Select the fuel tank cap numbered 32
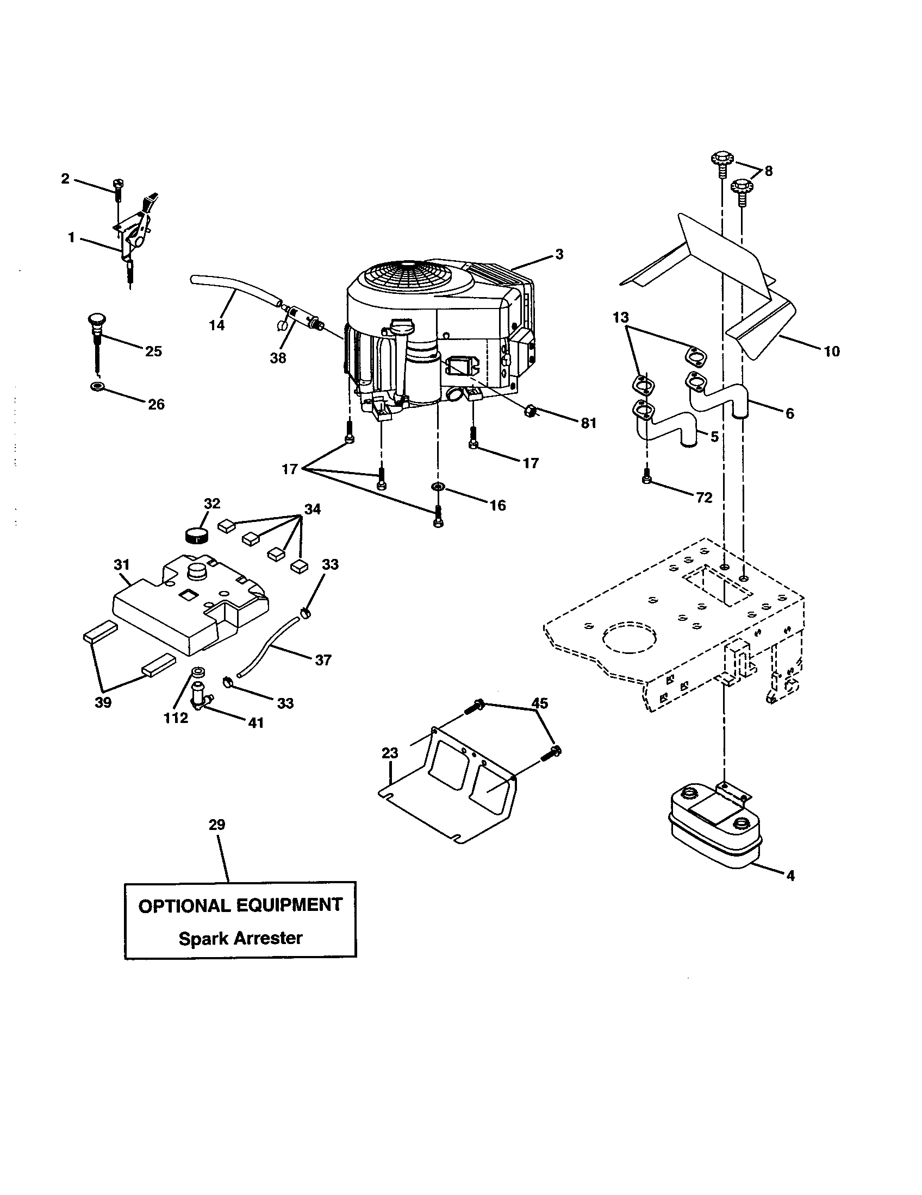tap(197, 533)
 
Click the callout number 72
tap(704, 498)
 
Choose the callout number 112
tap(176, 718)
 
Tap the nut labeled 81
tap(529, 410)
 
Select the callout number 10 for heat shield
tap(831, 351)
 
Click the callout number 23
tap(390, 753)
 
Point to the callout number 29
tap(217, 825)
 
